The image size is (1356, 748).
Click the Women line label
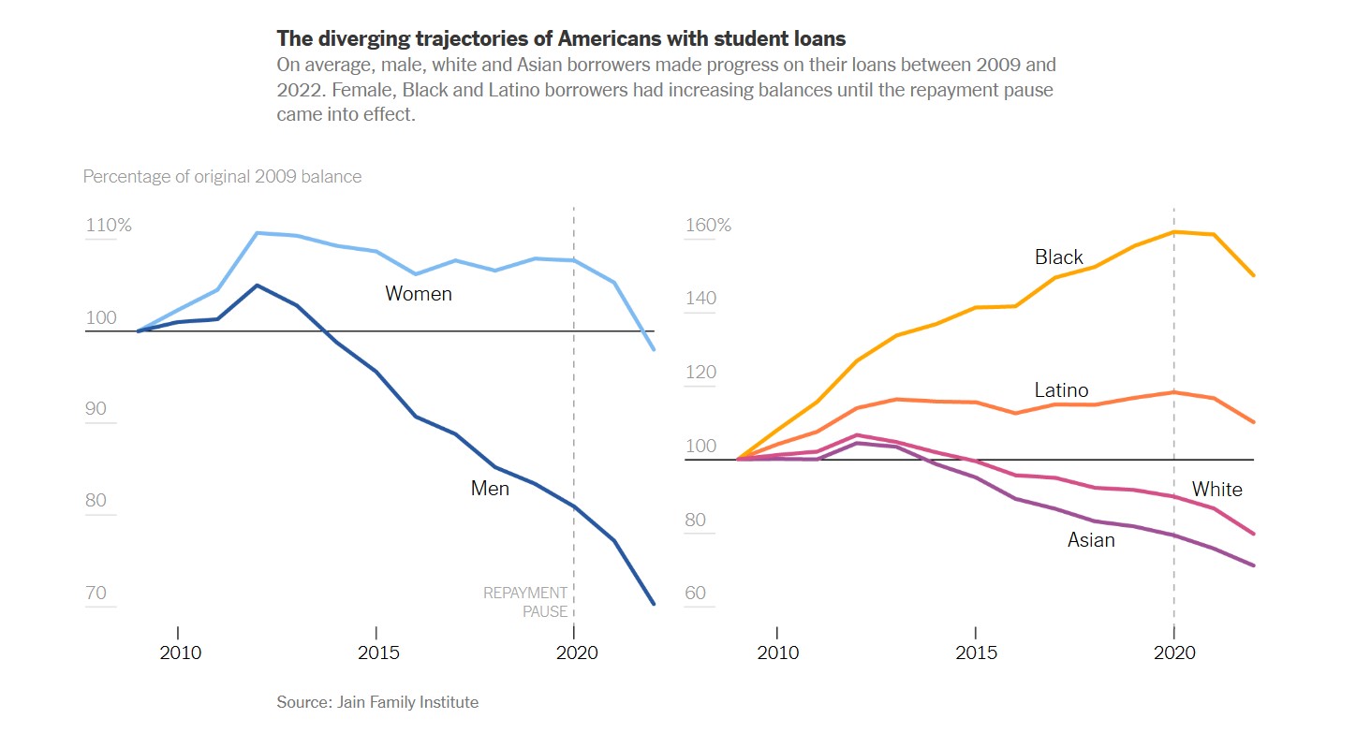coord(419,294)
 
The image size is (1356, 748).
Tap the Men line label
coord(490,489)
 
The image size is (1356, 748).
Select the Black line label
coord(1058,257)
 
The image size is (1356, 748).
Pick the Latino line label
coord(1061,390)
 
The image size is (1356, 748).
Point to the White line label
coord(1216,490)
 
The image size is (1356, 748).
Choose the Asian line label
coord(1091,540)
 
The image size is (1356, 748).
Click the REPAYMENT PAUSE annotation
coord(525,602)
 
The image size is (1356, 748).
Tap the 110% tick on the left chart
coord(109,226)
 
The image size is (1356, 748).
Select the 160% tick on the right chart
coord(708,226)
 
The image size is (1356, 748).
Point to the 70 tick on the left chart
coord(96,594)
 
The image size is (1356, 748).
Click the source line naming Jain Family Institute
coord(377,702)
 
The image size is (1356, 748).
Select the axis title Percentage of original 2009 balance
coord(222,176)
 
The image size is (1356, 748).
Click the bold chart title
coord(561,38)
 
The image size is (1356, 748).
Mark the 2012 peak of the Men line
coord(257,285)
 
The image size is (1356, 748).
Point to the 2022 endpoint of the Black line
coord(1253,275)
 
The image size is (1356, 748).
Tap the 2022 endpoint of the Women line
coord(654,349)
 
